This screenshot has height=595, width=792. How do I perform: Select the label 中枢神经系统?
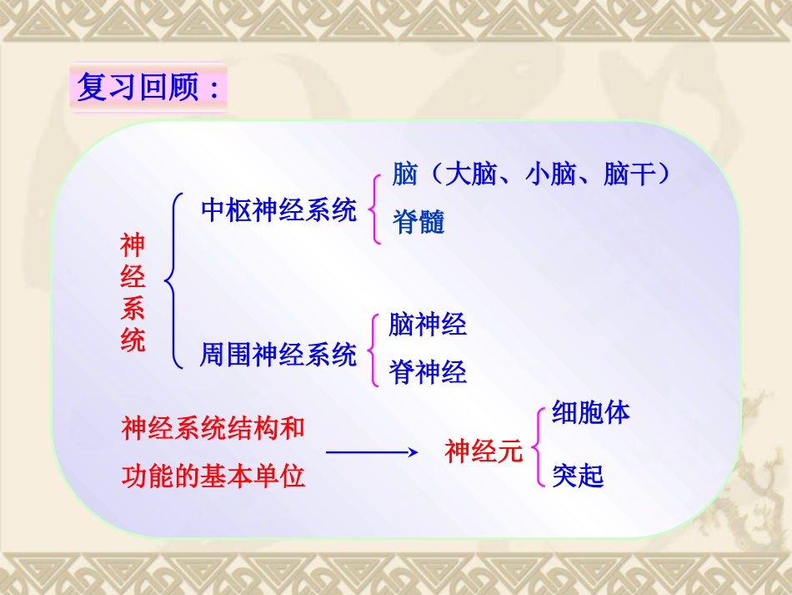pyautogui.click(x=278, y=209)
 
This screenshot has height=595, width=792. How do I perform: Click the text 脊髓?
pyautogui.click(x=419, y=222)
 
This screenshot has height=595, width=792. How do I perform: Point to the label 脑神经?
pyautogui.click(x=428, y=324)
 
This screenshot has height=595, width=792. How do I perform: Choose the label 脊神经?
pyautogui.click(x=428, y=372)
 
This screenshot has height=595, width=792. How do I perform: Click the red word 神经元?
pyautogui.click(x=484, y=451)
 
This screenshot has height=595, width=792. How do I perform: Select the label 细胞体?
pyautogui.click(x=590, y=412)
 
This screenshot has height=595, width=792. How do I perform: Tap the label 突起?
pyautogui.click(x=577, y=476)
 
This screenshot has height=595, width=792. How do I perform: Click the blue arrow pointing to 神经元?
pyautogui.click(x=370, y=452)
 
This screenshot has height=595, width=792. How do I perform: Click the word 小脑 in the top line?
pyautogui.click(x=550, y=174)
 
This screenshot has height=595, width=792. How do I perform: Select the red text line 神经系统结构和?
pyautogui.click(x=213, y=429)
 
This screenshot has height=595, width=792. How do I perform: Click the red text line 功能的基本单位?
pyautogui.click(x=213, y=476)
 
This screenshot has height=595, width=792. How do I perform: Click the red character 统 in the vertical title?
pyautogui.click(x=133, y=340)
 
